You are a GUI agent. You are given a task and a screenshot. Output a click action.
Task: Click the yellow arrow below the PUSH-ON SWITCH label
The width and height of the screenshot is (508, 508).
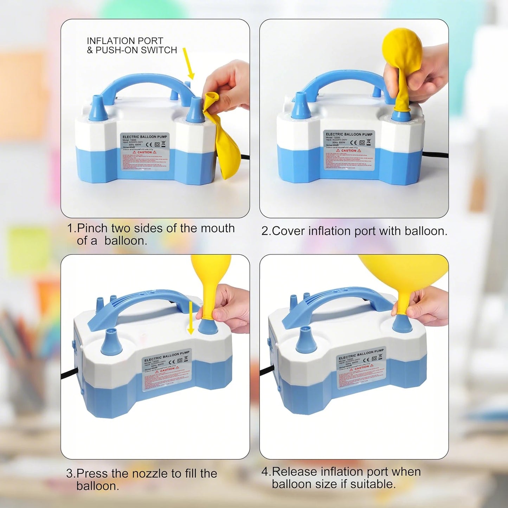click(189, 63)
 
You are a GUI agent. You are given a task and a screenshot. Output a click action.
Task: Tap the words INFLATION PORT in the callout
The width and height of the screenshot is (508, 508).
click(125, 41)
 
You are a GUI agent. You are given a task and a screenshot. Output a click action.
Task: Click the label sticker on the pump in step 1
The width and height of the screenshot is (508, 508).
click(145, 152)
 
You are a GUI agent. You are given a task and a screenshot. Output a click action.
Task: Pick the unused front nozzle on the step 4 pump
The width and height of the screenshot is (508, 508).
click(306, 340)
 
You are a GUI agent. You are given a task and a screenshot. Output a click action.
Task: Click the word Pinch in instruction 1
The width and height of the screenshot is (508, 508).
click(92, 229)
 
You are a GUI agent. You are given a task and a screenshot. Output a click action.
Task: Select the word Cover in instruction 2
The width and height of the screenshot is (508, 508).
click(288, 231)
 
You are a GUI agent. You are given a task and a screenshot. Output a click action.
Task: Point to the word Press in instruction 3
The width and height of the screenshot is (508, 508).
click(92, 474)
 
